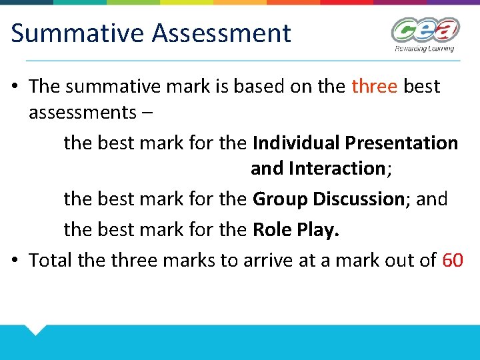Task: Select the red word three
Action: coord(374,86)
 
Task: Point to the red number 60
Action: coord(452,260)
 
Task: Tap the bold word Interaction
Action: coord(337,169)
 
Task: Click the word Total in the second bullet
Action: coord(51,260)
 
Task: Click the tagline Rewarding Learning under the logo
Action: coord(424,48)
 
